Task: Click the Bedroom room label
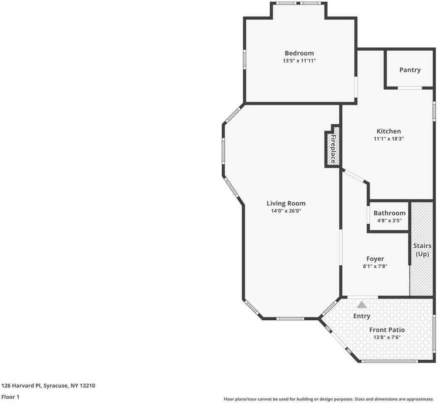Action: click(299, 53)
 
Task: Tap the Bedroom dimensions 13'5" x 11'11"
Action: click(299, 60)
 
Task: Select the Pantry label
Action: click(410, 70)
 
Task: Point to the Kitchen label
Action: click(388, 131)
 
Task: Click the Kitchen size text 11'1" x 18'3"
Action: click(388, 139)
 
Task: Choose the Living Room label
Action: click(286, 203)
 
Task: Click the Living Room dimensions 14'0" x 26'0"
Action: click(286, 211)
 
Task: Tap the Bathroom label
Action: click(389, 213)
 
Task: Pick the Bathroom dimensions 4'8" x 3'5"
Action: click(389, 220)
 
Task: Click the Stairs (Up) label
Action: click(422, 250)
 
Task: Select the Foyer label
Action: click(375, 259)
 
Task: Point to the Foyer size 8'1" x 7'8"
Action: click(375, 266)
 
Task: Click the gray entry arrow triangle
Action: click(362, 305)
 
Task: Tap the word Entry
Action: click(362, 316)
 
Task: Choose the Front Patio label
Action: click(387, 330)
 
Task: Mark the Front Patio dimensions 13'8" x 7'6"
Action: click(387, 338)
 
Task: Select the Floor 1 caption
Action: click(10, 397)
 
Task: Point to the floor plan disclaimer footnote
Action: click(328, 399)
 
